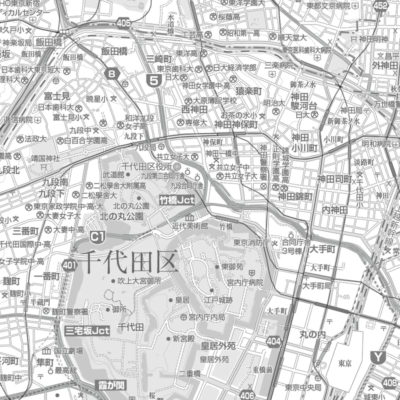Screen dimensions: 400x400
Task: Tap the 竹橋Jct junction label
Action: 176,199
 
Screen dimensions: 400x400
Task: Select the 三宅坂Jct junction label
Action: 87,330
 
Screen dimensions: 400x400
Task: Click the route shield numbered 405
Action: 124,22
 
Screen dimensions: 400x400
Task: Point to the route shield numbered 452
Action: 380,5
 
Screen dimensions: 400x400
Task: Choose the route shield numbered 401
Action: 70,264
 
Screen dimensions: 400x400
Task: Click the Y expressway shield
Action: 378,356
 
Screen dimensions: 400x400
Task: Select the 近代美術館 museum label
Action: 190,225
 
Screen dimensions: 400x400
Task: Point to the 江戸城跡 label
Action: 218,300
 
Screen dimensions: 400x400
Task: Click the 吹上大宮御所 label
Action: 139,281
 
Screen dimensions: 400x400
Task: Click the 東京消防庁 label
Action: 251,242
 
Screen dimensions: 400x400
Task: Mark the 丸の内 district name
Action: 312,333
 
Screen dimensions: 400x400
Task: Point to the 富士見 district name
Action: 56,95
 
